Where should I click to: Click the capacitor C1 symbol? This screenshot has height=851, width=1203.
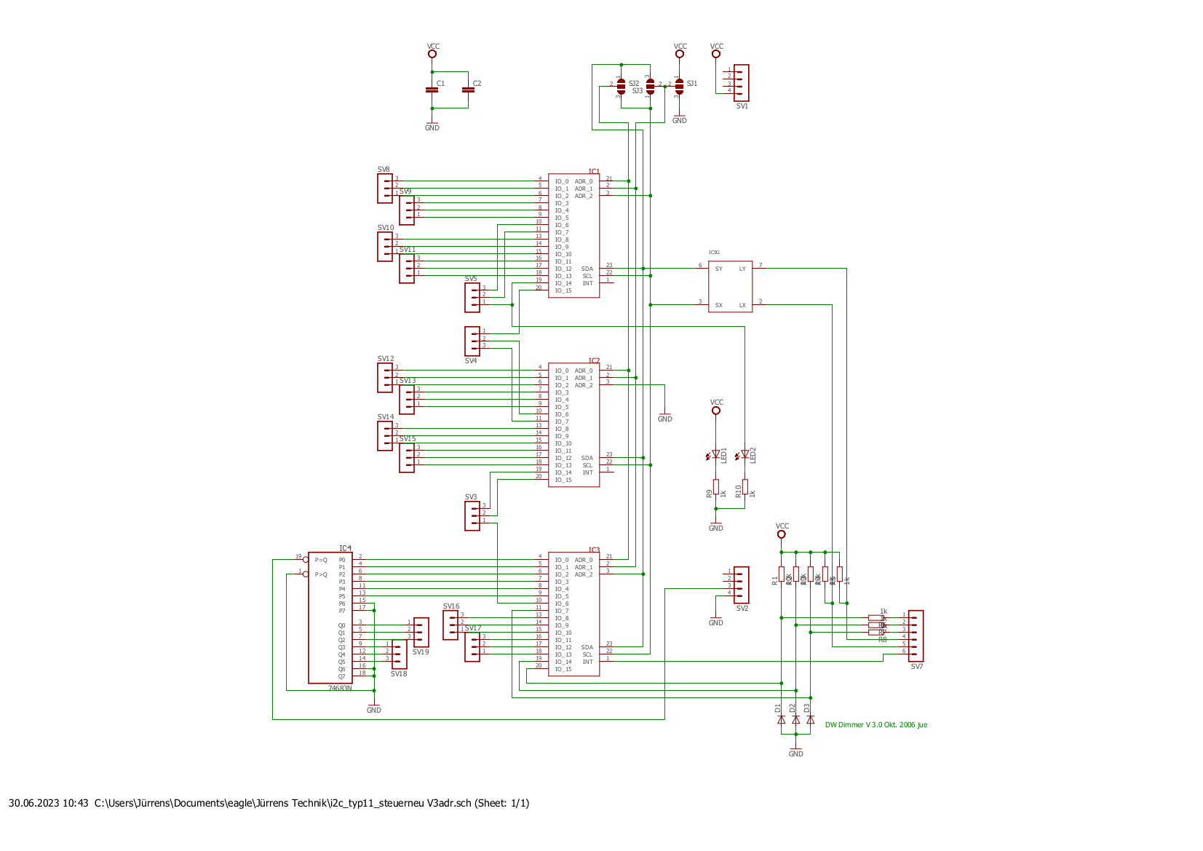click(432, 90)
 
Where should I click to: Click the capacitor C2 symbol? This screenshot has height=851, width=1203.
click(468, 90)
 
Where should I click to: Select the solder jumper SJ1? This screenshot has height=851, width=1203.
click(679, 86)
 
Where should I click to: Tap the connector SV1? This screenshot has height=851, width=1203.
click(741, 82)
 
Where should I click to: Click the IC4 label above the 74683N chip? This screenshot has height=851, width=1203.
click(345, 547)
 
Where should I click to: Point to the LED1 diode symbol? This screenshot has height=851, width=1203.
click(716, 454)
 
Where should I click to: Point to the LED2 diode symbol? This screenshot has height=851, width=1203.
click(745, 454)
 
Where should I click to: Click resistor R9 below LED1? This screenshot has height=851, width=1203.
click(716, 487)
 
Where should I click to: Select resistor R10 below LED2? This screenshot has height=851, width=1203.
click(745, 487)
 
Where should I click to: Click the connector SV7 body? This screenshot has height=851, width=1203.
click(916, 636)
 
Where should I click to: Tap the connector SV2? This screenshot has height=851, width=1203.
click(741, 585)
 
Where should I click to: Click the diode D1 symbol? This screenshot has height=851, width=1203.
click(782, 719)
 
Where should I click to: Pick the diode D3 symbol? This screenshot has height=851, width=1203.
click(810, 719)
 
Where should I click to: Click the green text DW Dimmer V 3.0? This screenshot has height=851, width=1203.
click(876, 725)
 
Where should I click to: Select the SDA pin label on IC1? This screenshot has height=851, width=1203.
click(587, 269)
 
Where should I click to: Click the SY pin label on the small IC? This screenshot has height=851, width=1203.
click(718, 269)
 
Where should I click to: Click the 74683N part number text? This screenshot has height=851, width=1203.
click(340, 688)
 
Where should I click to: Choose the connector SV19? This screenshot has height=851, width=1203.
click(421, 632)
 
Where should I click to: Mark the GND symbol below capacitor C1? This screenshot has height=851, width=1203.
click(432, 125)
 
